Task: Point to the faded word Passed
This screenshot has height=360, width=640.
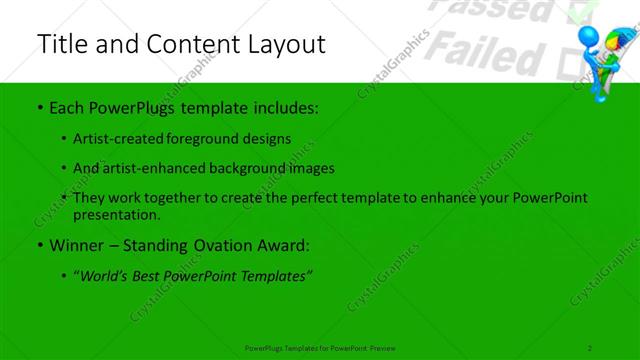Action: [x=496, y=11]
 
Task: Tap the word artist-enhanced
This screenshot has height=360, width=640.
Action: [x=155, y=168]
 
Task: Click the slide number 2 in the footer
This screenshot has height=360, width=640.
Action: [x=590, y=347]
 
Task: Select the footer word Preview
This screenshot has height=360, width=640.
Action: [x=383, y=347]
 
